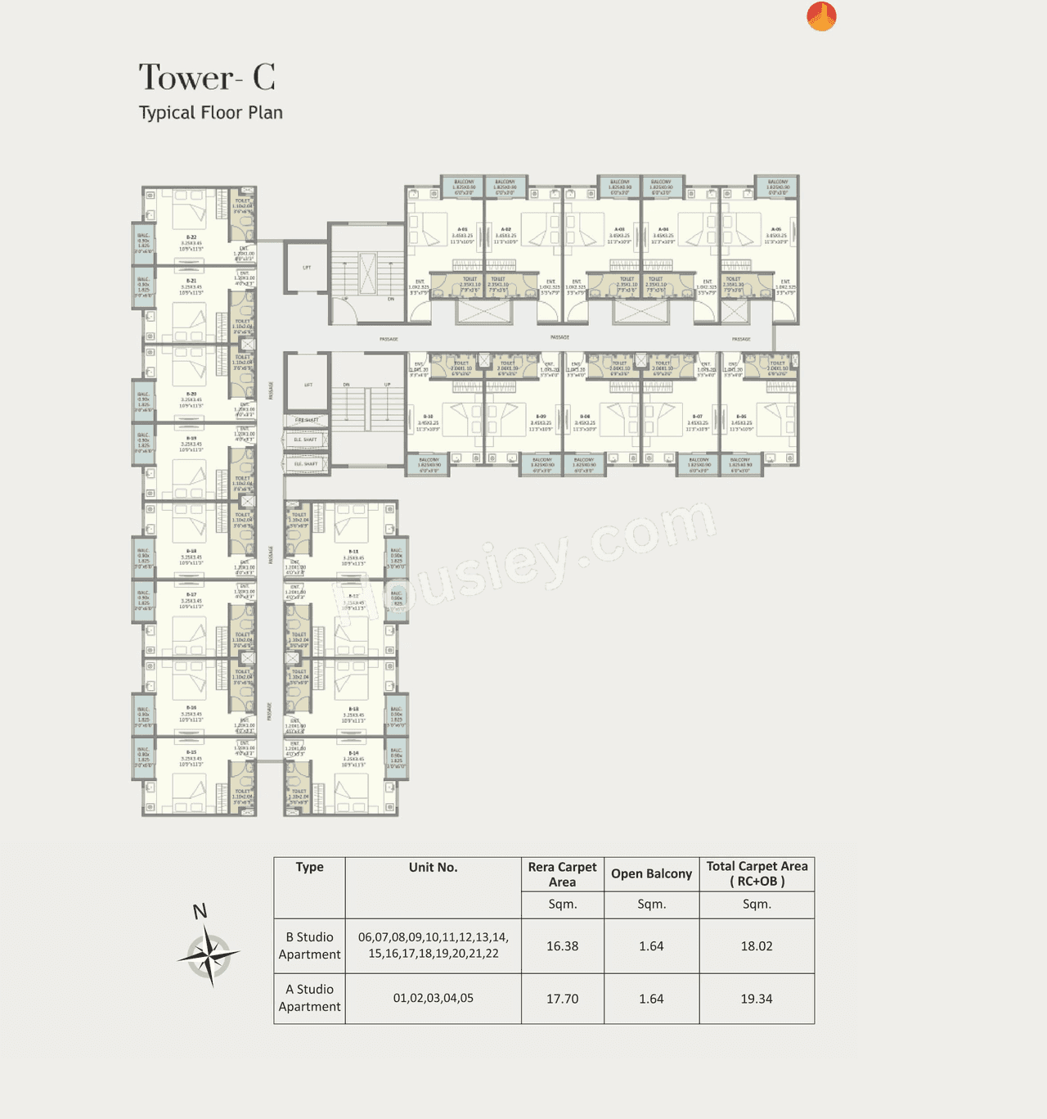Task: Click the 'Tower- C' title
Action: (x=206, y=78)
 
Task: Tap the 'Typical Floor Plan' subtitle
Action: (x=210, y=113)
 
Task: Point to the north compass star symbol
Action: (x=209, y=954)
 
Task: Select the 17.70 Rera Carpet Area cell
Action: (x=562, y=999)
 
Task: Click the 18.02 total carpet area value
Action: (x=756, y=946)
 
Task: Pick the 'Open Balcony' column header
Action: (x=651, y=874)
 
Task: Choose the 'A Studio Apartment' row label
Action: (x=309, y=999)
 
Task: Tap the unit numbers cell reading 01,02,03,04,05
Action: (x=433, y=999)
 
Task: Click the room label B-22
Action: (x=191, y=237)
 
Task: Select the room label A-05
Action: (x=776, y=230)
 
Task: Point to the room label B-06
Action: (x=741, y=417)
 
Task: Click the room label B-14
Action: (x=353, y=753)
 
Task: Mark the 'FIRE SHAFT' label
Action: (x=307, y=420)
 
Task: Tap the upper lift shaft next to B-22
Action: (x=306, y=268)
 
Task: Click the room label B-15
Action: (x=191, y=752)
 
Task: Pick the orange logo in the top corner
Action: (x=821, y=16)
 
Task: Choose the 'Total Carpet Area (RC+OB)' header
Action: (x=757, y=874)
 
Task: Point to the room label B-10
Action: (x=428, y=417)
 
